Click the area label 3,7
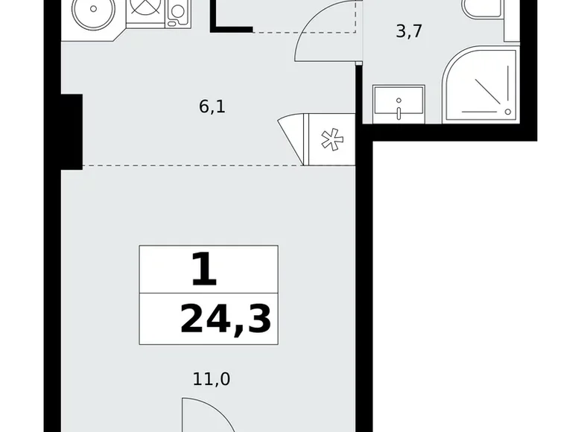pos(409,31)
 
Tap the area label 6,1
pos(212,107)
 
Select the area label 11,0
pos(212,379)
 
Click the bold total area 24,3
pos(226,318)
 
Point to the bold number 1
pos(204,270)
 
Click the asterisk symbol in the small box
pos(331,139)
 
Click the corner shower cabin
pos(480,84)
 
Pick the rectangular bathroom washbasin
pos(399,104)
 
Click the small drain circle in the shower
pos(508,112)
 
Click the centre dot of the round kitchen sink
pos(93,8)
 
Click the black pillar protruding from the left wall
pos(72,132)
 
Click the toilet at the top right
pos(483,9)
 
